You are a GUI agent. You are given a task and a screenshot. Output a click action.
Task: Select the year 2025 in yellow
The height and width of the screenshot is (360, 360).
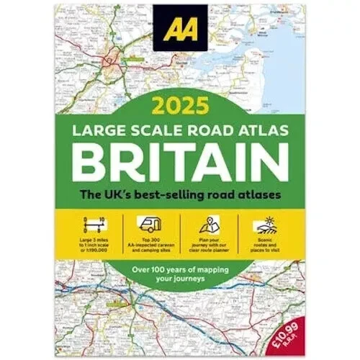(x=181, y=109)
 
